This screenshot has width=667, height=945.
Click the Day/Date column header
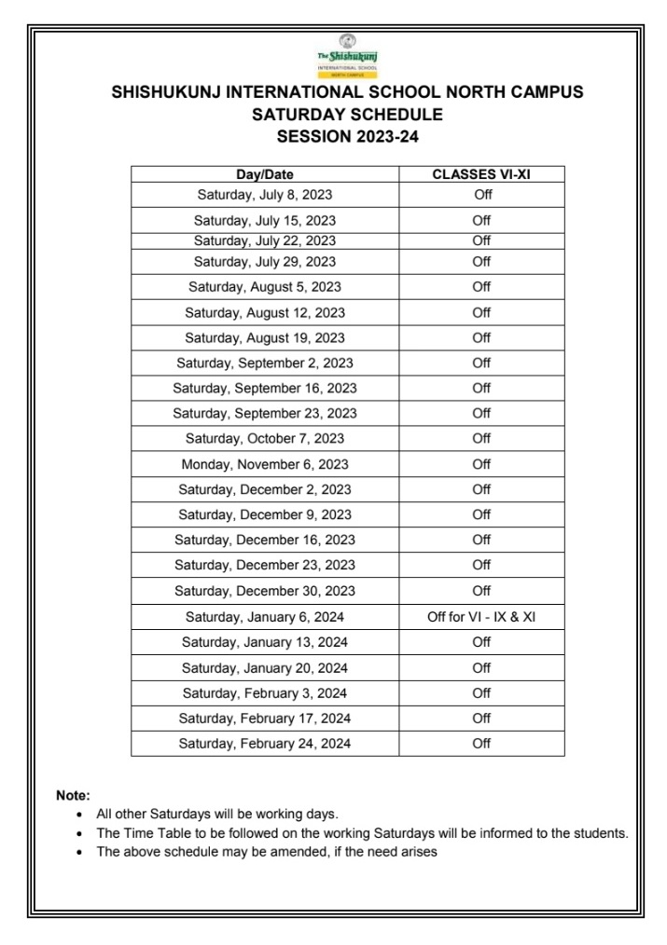tap(265, 174)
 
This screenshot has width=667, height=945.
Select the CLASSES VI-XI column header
tap(481, 174)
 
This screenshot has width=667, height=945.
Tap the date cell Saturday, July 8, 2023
tap(265, 195)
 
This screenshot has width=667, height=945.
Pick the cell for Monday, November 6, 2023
tap(265, 464)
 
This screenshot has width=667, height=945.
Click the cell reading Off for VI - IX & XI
tap(481, 617)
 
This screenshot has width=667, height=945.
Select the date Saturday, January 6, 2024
tap(265, 617)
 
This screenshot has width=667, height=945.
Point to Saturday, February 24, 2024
tap(265, 744)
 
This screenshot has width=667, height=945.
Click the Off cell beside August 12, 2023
tap(481, 312)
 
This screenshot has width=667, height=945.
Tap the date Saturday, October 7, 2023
tap(265, 439)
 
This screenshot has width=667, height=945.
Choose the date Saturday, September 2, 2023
tap(265, 363)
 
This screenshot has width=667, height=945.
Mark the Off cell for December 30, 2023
tap(481, 591)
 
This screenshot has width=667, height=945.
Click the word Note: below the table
tap(73, 795)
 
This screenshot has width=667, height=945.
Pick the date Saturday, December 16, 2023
tap(265, 541)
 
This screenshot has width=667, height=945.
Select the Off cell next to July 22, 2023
tap(481, 240)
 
